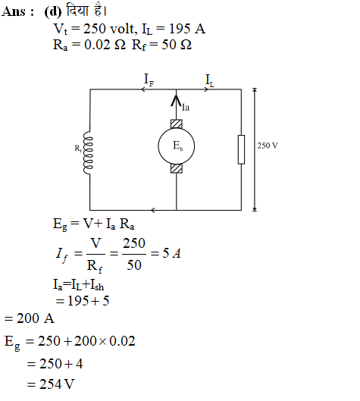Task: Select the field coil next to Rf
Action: (88, 152)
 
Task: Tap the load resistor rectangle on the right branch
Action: (241, 149)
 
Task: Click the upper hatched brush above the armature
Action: (176, 124)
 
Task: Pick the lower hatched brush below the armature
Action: (176, 168)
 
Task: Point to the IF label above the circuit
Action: (149, 80)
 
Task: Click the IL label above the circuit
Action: (210, 80)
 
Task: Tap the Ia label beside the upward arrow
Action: (186, 107)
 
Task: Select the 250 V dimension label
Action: (268, 146)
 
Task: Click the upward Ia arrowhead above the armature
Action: (176, 100)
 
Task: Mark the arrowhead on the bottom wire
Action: (153, 210)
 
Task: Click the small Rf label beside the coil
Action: (78, 148)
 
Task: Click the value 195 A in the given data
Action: (187, 28)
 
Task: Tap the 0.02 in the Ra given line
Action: (97, 45)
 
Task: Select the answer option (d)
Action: (52, 12)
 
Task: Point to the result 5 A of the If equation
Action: (171, 253)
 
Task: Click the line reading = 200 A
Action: (29, 318)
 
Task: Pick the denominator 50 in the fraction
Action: (134, 265)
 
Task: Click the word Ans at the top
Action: (14, 12)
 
